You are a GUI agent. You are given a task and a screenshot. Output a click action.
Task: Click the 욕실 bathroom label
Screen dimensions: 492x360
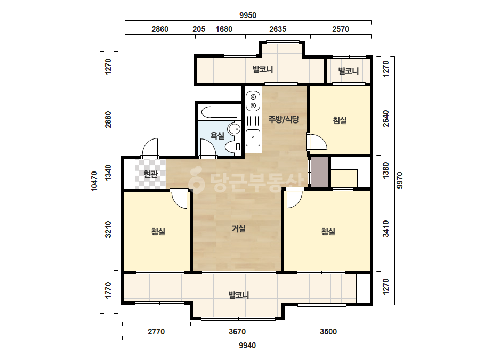click(217, 136)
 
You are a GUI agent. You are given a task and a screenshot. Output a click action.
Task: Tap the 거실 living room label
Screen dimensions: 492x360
click(238, 228)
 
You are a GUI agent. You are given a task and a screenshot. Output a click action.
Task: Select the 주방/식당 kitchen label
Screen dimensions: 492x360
click(284, 119)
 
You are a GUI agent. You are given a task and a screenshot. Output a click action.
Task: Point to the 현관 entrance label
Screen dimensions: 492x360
click(150, 174)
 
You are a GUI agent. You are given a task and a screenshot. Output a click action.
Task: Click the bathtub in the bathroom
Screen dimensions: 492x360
click(219, 112)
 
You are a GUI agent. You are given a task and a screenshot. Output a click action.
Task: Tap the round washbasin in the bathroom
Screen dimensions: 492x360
click(234, 129)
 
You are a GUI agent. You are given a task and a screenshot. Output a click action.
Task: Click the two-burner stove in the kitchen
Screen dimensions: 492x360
click(253, 101)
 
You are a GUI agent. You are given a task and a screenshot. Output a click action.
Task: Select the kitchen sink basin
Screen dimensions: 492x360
click(253, 138)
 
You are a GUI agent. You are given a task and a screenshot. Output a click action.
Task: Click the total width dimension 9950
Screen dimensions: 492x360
click(248, 15)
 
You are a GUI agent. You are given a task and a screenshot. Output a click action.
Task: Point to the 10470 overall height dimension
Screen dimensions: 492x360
click(94, 181)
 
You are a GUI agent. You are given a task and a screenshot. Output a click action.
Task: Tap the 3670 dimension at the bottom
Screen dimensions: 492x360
click(237, 331)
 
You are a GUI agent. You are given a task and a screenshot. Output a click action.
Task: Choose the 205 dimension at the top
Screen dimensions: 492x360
click(199, 29)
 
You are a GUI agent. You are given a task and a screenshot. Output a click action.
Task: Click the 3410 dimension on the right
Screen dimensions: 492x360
click(385, 228)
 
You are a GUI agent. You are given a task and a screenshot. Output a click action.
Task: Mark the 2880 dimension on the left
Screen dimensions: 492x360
click(108, 119)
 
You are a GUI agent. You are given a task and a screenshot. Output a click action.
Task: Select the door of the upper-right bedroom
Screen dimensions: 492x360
click(317, 142)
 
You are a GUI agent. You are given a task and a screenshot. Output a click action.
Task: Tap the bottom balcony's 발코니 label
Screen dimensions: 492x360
click(238, 295)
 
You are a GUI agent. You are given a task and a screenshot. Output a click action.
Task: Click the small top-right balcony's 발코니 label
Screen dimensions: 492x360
click(348, 70)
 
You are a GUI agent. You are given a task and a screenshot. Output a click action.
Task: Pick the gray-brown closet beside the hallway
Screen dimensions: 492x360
click(319, 173)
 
